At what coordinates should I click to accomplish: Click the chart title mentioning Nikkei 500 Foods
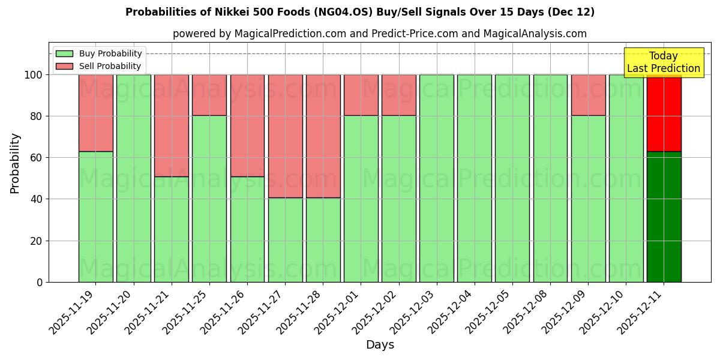pyautogui.click(x=360, y=12)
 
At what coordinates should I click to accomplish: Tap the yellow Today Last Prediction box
pyautogui.click(x=663, y=62)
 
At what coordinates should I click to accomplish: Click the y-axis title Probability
pyautogui.click(x=15, y=163)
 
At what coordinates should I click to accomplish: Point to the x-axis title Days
pyautogui.click(x=380, y=344)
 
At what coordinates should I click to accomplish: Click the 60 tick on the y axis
pyautogui.click(x=38, y=158)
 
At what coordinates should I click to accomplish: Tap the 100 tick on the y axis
pyautogui.click(x=34, y=75)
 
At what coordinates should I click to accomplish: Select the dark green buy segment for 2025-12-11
pyautogui.click(x=664, y=217)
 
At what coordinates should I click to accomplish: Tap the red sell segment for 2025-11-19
pyautogui.click(x=95, y=113)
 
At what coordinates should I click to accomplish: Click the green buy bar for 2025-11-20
pyautogui.click(x=133, y=178)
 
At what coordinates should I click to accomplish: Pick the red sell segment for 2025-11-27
pyautogui.click(x=285, y=136)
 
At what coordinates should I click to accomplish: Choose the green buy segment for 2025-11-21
pyautogui.click(x=172, y=229)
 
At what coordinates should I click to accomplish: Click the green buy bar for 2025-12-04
pyautogui.click(x=474, y=178)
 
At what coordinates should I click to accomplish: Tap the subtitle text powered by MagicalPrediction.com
pyautogui.click(x=380, y=34)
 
